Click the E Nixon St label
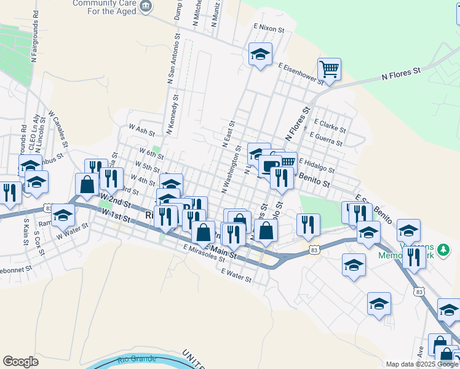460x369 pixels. [269, 28]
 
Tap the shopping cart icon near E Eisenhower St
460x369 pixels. [330, 69]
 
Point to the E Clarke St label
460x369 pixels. [331, 122]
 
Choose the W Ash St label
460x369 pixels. [141, 130]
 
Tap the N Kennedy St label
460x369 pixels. [172, 114]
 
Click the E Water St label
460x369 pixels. [237, 274]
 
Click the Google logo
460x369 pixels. [20, 362]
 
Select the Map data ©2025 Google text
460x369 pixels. [422, 364]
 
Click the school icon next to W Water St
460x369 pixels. [62, 215]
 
